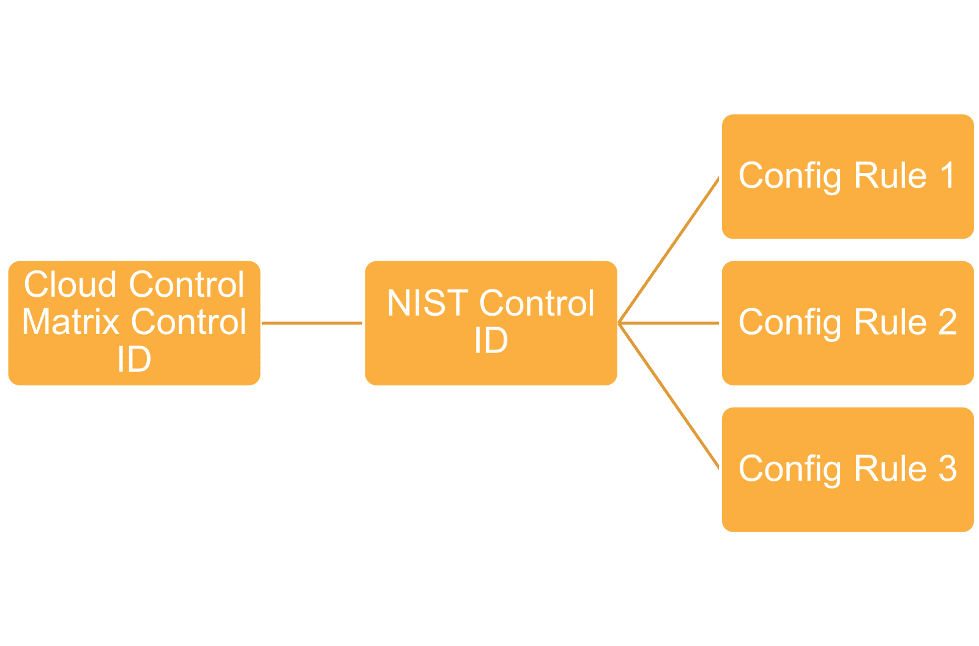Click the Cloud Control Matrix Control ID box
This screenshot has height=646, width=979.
coord(134,323)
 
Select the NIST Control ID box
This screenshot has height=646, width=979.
coord(491,323)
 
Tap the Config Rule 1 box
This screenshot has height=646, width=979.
coord(848,177)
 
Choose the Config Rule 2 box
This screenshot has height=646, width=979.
coord(848,323)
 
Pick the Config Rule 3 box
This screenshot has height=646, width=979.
coord(848,469)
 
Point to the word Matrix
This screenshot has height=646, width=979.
coord(70,322)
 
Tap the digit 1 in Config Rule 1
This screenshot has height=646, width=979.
coord(948,176)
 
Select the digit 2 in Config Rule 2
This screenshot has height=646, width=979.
coord(948,322)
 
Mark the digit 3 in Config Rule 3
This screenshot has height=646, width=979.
coord(948,468)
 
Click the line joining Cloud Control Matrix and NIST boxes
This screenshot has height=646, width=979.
coord(312,323)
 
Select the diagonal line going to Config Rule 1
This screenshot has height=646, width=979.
coord(668,250)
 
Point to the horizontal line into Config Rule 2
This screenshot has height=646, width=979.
coord(669,323)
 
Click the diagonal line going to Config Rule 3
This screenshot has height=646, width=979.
coord(668,396)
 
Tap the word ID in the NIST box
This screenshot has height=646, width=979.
coord(491,340)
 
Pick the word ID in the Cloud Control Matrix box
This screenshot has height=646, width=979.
coord(134,359)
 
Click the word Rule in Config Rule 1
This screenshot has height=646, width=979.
coord(890,176)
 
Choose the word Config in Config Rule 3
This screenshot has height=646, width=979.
coord(790,469)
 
